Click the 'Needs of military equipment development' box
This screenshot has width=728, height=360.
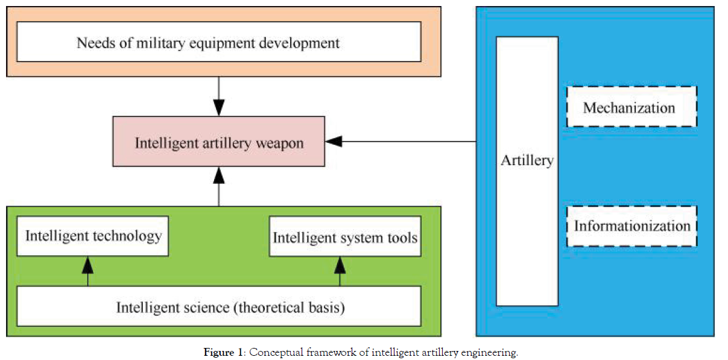[x=218, y=42]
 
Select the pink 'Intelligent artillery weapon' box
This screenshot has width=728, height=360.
[x=218, y=142]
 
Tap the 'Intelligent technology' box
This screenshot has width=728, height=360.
[x=92, y=236]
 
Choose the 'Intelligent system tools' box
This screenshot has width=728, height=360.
[x=344, y=237]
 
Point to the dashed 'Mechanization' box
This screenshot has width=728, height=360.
[x=631, y=107]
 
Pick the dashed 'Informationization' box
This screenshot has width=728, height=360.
[x=631, y=226]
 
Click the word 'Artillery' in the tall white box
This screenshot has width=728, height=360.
[x=527, y=160]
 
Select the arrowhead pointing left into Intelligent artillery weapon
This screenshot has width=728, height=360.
[x=334, y=142]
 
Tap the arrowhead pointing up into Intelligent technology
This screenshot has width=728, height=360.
[x=88, y=264]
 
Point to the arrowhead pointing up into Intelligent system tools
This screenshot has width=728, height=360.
[x=340, y=264]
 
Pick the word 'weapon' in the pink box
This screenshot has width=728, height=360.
[x=282, y=143]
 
